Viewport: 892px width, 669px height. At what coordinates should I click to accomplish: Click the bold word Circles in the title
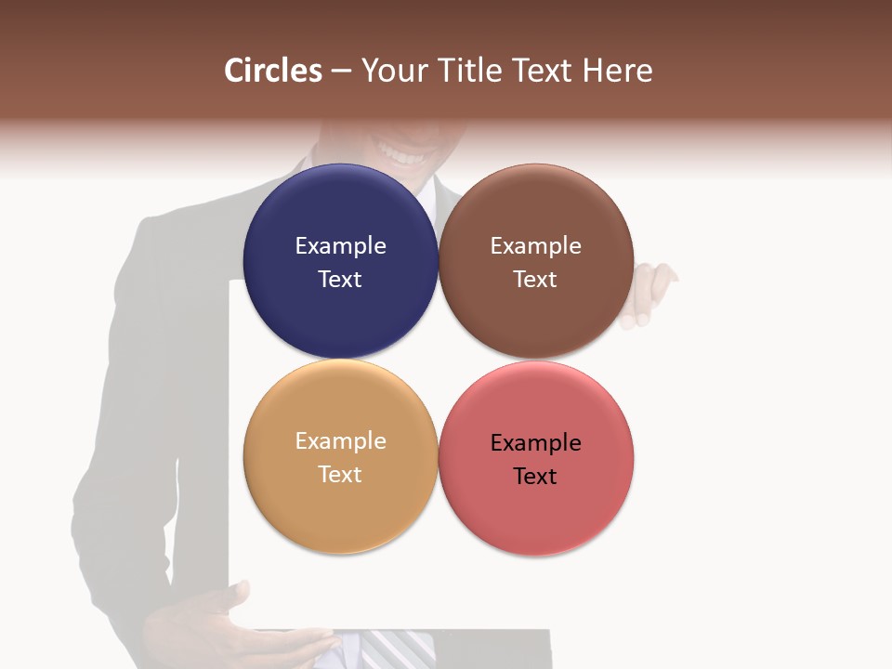coord(272,71)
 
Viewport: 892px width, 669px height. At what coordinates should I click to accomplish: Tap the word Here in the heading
coord(618,71)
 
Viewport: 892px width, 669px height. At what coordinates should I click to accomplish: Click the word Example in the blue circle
coord(340,246)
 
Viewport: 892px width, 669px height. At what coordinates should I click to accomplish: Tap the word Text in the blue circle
coord(340,280)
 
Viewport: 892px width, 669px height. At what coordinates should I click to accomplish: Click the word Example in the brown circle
coord(536,246)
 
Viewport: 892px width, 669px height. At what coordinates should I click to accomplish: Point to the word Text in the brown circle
coord(536,280)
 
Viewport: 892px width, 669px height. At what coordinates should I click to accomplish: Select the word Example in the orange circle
coord(340,441)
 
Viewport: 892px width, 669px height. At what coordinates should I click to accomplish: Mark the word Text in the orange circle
coord(340,475)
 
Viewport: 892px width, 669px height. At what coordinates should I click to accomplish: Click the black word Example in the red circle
coord(536,443)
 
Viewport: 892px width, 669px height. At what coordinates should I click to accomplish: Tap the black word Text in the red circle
coord(536,477)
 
